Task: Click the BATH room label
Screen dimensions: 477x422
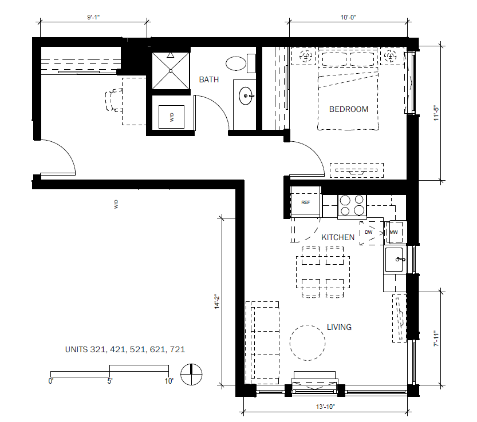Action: tap(208, 79)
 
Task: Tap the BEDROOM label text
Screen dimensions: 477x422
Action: tap(349, 109)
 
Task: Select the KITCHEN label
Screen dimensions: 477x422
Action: tap(338, 237)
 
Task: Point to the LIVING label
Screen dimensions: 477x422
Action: tap(339, 327)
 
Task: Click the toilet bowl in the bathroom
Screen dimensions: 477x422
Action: tap(236, 63)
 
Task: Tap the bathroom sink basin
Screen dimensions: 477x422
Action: tap(246, 96)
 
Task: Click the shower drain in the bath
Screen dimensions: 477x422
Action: tap(171, 71)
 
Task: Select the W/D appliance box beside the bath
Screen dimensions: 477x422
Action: tap(172, 117)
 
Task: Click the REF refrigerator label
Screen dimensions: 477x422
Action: tap(305, 202)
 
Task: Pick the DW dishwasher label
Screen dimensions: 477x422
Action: tap(368, 232)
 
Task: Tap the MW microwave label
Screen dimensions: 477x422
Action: tap(393, 232)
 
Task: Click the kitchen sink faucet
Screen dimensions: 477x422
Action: tap(400, 260)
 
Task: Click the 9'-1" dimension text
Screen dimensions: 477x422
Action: tap(93, 17)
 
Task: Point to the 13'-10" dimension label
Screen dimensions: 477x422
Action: tap(325, 407)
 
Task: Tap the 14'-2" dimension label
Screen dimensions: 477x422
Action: tap(217, 301)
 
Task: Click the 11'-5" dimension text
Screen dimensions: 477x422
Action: tap(436, 114)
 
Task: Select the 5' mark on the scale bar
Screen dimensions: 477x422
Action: tap(110, 381)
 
